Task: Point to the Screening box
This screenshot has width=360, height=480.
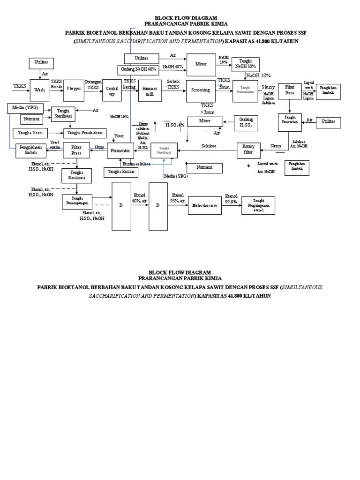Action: [201, 90]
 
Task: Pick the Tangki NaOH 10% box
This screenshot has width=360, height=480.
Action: [245, 64]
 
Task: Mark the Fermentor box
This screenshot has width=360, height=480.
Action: [121, 150]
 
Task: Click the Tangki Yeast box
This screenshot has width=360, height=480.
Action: [30, 133]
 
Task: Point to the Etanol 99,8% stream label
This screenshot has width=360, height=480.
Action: [231, 198]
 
